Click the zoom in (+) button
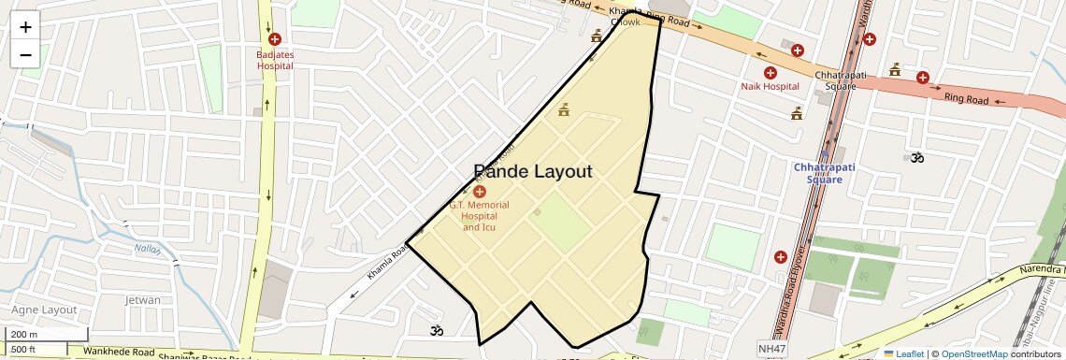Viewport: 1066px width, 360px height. [x=25, y=26]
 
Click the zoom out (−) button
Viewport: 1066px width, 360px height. [x=25, y=54]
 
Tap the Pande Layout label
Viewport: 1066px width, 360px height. [x=533, y=171]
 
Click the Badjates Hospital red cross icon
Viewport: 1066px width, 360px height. [x=275, y=39]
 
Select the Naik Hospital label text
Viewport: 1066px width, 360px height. [x=770, y=86]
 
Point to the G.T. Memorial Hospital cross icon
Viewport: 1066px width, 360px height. [x=480, y=191]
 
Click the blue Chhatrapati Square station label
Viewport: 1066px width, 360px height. [x=818, y=173]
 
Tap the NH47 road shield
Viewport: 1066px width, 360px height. [x=771, y=349]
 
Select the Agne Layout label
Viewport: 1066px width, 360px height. [x=44, y=310]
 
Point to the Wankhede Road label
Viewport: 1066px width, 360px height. [x=118, y=353]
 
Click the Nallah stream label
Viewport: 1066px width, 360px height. [x=147, y=250]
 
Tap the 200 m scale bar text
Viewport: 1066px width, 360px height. [x=24, y=335]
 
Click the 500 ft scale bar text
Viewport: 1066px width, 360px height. [x=23, y=350]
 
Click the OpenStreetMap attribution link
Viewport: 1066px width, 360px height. [x=974, y=354]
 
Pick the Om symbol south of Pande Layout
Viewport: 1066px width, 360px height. [x=435, y=329]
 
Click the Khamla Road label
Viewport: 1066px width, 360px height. [x=386, y=262]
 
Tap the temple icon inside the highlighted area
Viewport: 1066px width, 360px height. [x=564, y=110]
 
